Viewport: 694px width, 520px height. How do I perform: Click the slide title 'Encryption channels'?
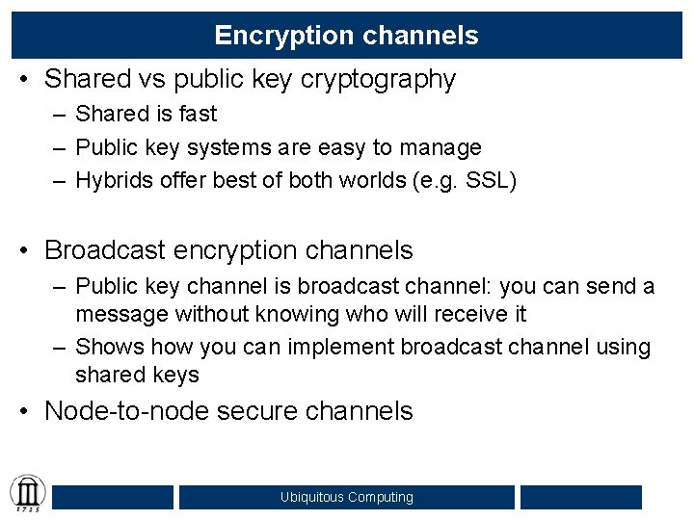pyautogui.click(x=346, y=36)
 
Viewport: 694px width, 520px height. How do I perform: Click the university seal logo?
pyautogui.click(x=27, y=494)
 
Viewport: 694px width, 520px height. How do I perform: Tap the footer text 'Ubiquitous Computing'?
pyautogui.click(x=346, y=497)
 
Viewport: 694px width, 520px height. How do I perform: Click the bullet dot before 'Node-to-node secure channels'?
pyautogui.click(x=30, y=411)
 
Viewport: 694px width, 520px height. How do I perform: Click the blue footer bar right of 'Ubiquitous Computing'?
pyautogui.click(x=580, y=497)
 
